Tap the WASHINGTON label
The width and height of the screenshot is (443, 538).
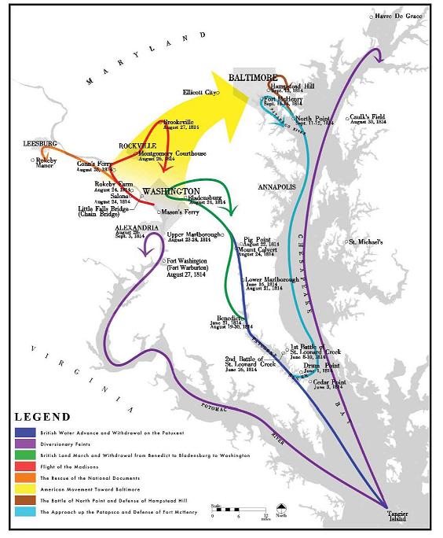170,191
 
